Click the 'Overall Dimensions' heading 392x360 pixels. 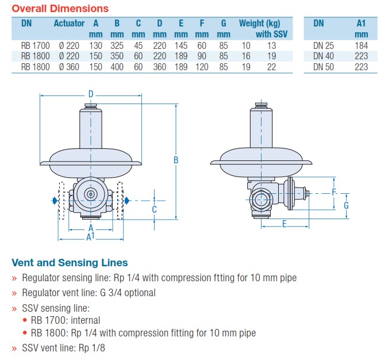(60, 9)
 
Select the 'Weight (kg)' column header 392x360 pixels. (259, 23)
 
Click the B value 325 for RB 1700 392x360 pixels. (117, 45)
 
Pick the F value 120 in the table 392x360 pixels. (202, 67)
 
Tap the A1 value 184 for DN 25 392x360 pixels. (362, 45)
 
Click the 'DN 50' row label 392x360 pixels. (324, 67)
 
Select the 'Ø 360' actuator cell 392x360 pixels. (69, 67)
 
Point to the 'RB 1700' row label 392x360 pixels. (35, 45)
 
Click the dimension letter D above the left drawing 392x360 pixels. (91, 94)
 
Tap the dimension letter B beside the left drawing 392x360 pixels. (176, 160)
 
